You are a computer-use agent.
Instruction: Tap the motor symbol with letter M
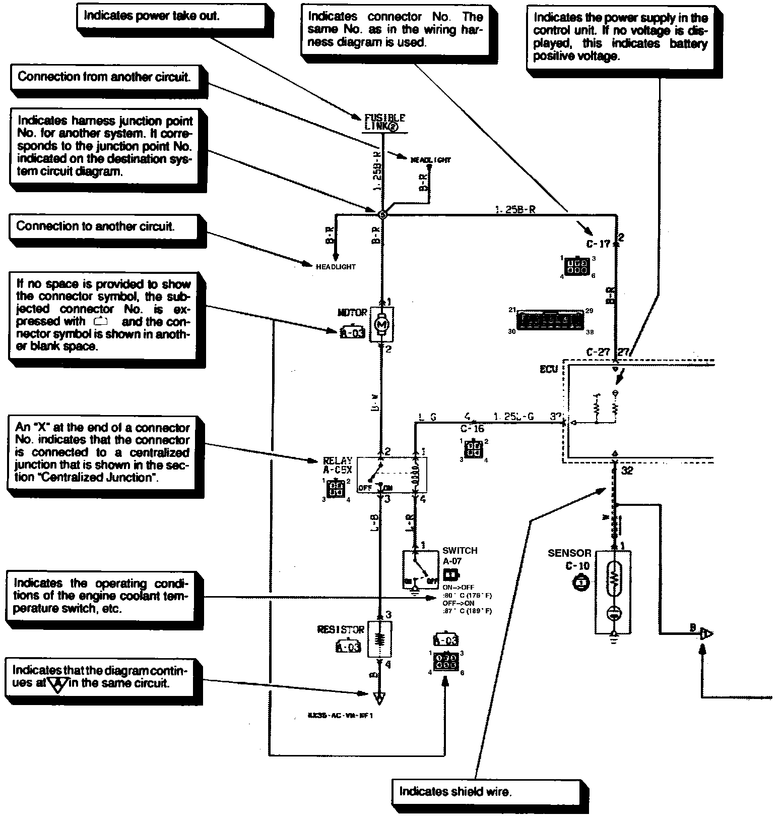381,324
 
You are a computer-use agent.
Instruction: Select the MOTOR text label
352,313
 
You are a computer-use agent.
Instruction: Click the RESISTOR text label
341,629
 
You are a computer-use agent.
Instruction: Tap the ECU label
549,369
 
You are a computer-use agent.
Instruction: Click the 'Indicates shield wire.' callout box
490,791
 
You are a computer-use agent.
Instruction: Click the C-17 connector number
598,244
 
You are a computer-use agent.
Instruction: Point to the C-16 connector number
472,429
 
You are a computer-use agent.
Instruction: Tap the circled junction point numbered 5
382,214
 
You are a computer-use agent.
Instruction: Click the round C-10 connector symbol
581,582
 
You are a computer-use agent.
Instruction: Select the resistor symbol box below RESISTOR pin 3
380,639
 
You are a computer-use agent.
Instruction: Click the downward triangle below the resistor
379,699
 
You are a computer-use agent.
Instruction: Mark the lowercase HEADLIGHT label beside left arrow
336,267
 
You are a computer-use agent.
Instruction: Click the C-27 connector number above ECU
598,352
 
